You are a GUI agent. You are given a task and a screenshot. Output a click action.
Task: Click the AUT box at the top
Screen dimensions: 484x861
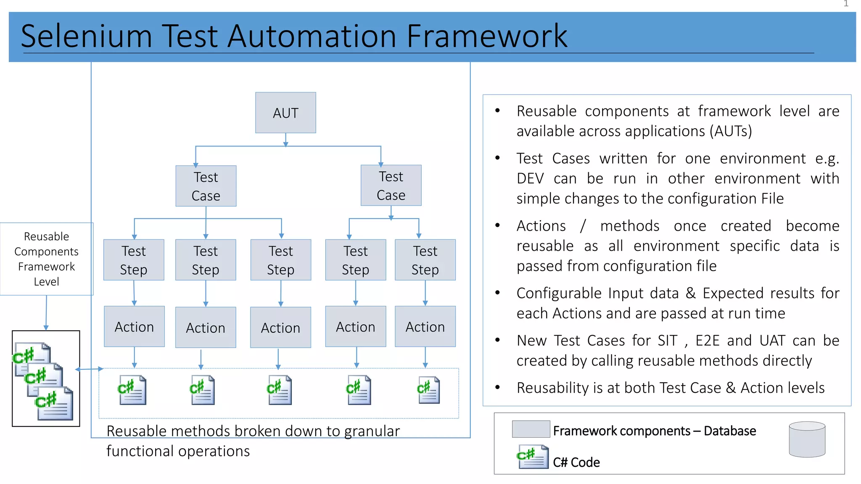pyautogui.click(x=285, y=113)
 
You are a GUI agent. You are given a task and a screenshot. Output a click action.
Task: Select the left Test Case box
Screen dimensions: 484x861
pyautogui.click(x=206, y=186)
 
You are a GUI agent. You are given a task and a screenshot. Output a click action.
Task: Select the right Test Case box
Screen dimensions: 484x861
pyautogui.click(x=391, y=185)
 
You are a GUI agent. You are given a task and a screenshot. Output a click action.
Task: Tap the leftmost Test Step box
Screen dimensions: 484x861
pyautogui.click(x=134, y=260)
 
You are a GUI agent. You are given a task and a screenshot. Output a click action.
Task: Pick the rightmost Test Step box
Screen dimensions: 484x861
pyautogui.click(x=425, y=260)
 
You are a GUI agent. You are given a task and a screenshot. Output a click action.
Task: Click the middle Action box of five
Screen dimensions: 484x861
pyautogui.click(x=280, y=327)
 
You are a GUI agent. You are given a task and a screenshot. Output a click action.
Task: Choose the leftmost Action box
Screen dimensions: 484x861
pyautogui.click(x=134, y=326)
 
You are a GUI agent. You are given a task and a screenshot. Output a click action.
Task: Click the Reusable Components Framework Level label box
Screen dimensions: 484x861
pyautogui.click(x=46, y=259)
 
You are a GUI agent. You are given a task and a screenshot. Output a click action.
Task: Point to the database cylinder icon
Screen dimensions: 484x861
pyautogui.click(x=807, y=439)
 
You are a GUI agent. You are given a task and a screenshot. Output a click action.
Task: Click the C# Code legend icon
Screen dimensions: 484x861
pyautogui.click(x=533, y=457)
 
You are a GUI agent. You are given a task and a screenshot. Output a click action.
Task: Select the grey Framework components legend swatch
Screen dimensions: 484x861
pyautogui.click(x=531, y=429)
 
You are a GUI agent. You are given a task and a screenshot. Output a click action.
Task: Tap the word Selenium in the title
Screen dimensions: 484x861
pyautogui.click(x=86, y=36)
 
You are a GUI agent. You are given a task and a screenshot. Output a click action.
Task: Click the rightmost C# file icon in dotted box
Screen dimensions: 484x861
pyautogui.click(x=428, y=390)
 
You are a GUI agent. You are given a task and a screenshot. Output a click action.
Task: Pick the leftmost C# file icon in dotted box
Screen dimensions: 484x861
pyautogui.click(x=132, y=390)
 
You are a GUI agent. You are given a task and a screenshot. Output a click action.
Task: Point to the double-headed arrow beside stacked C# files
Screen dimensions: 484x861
pyautogui.click(x=89, y=369)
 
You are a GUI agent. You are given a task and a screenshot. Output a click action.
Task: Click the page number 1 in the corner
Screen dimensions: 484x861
pyautogui.click(x=846, y=4)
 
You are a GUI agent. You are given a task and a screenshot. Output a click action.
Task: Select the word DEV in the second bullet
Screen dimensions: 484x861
pyautogui.click(x=530, y=179)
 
